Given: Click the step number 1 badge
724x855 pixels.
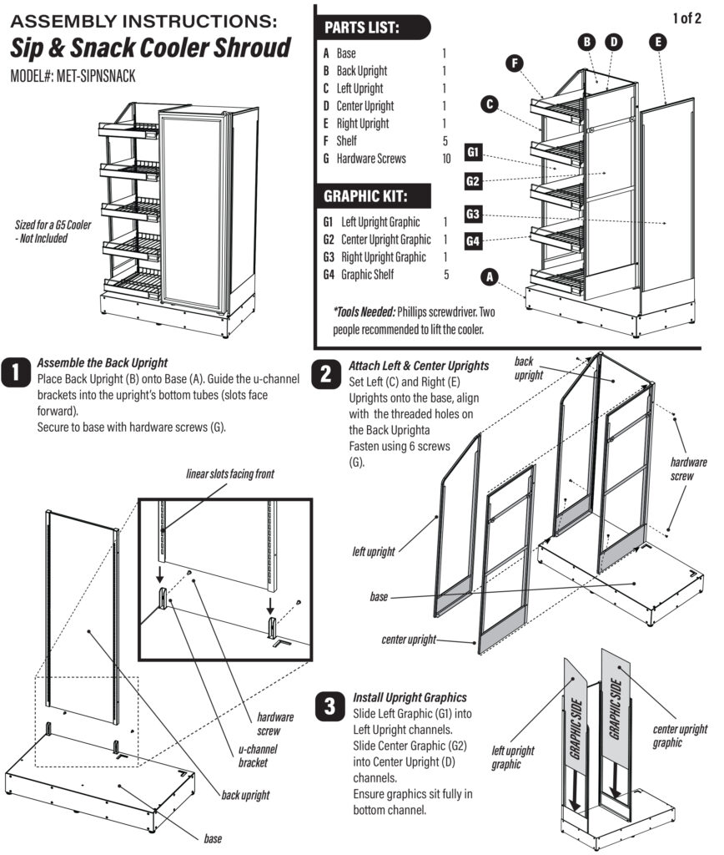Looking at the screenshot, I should point(16,373).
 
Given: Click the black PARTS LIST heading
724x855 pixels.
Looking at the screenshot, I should point(361,28).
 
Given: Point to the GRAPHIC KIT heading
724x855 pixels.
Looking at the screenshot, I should point(365,197).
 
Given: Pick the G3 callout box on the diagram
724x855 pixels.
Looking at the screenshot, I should point(474,215).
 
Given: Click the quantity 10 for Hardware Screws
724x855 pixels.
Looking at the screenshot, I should point(447,159).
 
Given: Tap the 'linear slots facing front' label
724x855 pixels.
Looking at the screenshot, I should point(229,474).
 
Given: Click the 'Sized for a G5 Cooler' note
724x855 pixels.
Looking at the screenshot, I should point(53,231).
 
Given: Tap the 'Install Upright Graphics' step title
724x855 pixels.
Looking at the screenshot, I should point(410,696).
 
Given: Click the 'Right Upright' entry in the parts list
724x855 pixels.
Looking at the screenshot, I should point(362,124).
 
